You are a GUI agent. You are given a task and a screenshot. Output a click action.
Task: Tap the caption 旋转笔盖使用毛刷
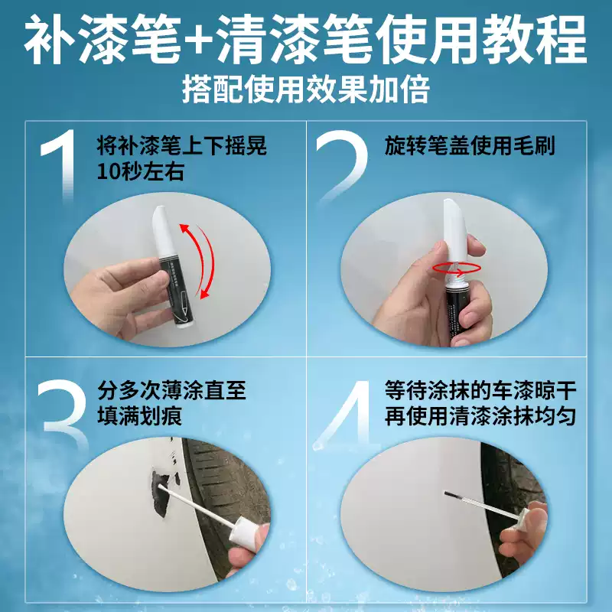(470, 146)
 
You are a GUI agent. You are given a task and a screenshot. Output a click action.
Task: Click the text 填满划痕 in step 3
(140, 418)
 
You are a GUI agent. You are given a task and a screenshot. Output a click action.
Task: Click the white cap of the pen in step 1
(163, 234)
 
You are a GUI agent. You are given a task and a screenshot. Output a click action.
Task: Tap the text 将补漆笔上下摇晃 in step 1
(183, 146)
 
